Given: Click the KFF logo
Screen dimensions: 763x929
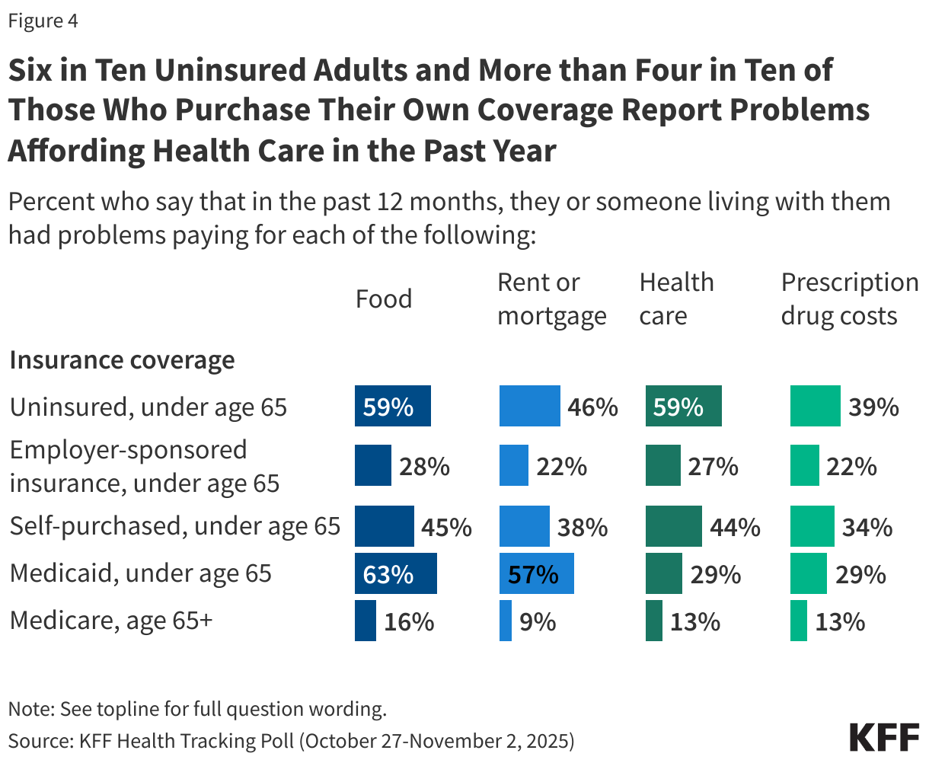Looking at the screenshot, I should [x=884, y=738].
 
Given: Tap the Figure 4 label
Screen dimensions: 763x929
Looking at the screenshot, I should [x=43, y=21].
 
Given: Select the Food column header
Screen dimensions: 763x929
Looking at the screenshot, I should [x=384, y=299].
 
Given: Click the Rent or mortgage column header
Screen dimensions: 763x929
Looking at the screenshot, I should [x=551, y=299].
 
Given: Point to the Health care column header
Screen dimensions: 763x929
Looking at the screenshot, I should [x=676, y=299].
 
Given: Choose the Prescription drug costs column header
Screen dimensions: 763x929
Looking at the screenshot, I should [x=849, y=299].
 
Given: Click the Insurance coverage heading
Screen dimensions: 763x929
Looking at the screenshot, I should [x=122, y=360].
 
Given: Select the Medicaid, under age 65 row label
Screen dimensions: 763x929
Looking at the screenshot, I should [x=141, y=573].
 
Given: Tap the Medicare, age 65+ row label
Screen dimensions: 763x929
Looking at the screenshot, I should [x=111, y=621].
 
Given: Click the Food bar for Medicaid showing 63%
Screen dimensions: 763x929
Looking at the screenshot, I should [x=396, y=573].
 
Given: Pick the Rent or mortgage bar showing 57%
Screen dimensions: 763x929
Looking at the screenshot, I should [x=536, y=573].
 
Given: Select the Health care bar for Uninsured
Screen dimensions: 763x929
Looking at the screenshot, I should [x=683, y=406].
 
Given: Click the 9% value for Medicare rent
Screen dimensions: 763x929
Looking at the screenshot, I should [x=538, y=622].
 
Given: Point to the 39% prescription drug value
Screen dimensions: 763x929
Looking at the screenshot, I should [x=873, y=407].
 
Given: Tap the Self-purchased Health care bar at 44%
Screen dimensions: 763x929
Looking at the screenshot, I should [x=673, y=527].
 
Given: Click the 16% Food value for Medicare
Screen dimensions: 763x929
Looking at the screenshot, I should [x=409, y=622].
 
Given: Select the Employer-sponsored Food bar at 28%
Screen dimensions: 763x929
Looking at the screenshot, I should [x=373, y=466].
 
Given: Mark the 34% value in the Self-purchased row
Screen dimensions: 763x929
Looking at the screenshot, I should [x=867, y=527].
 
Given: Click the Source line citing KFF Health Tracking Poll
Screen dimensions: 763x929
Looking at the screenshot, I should [x=291, y=740].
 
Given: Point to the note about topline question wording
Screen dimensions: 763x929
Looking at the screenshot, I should [x=197, y=709].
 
